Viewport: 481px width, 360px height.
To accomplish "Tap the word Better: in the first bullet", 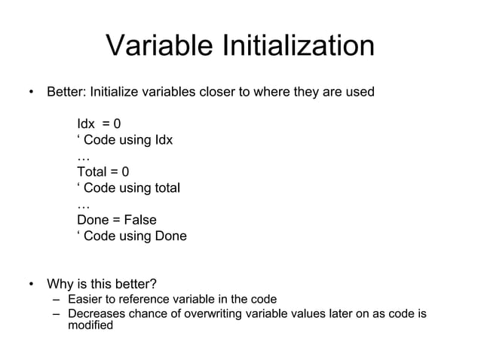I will tap(66, 93).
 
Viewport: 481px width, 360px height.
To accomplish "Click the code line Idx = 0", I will tap(99, 124).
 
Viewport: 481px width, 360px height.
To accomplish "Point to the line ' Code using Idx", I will tap(124, 141).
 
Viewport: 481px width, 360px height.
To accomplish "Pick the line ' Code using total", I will tap(128, 188).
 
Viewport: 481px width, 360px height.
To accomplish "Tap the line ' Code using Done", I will tap(131, 236).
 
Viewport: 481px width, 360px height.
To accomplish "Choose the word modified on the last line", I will tap(90, 325).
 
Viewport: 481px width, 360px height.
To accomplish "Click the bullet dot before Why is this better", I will tap(31, 285).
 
